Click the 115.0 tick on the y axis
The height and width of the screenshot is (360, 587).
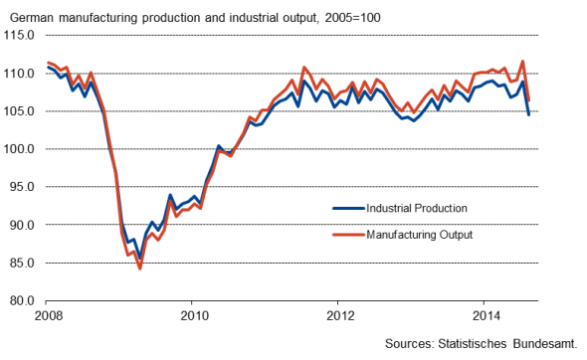21,35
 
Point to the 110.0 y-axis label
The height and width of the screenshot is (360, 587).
21,74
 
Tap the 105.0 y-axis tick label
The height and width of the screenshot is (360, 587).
21,111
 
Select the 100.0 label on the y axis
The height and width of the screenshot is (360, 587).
21,149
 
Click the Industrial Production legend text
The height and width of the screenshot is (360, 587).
417,208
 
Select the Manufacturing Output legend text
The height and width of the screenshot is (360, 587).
419,236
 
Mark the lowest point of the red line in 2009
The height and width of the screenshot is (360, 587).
140,269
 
